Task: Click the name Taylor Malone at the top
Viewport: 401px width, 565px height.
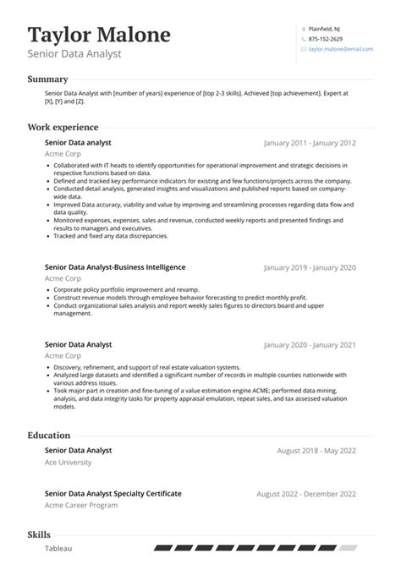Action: pyautogui.click(x=99, y=35)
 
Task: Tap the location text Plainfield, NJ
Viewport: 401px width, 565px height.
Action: pyautogui.click(x=325, y=28)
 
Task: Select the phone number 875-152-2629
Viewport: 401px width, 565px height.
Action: pyautogui.click(x=326, y=39)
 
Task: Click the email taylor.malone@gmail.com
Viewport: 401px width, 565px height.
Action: pyautogui.click(x=340, y=50)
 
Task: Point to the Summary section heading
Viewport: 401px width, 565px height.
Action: pyautogui.click(x=47, y=80)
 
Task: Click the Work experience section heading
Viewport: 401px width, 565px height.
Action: pyautogui.click(x=63, y=127)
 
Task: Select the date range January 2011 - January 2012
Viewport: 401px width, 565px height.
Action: pyautogui.click(x=310, y=144)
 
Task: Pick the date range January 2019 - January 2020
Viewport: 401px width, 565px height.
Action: pyautogui.click(x=310, y=267)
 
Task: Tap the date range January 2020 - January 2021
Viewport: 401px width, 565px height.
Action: pyautogui.click(x=310, y=346)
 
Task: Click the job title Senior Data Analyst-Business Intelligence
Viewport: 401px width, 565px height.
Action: pyautogui.click(x=115, y=266)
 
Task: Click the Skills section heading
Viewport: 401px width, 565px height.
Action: pyautogui.click(x=39, y=535)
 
